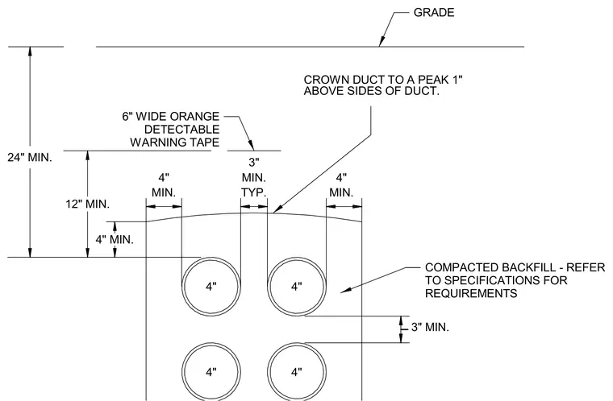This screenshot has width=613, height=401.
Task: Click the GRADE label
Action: (434, 13)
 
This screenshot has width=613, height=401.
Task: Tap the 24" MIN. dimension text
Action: (30, 158)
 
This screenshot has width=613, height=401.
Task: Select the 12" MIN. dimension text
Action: (88, 204)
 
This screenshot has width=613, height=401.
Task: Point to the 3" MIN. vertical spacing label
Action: (430, 327)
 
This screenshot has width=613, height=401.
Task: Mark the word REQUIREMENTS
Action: (471, 293)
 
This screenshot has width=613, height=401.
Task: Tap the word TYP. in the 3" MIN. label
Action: (254, 192)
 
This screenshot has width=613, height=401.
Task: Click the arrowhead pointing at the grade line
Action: (382, 42)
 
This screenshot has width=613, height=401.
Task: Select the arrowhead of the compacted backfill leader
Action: (346, 289)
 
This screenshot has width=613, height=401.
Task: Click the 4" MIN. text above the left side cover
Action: (164, 185)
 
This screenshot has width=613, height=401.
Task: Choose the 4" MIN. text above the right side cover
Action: (341, 185)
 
